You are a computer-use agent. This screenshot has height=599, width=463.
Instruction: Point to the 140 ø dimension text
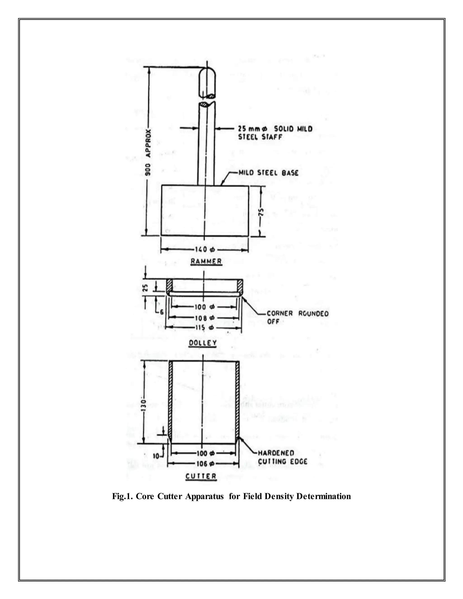point(205,250)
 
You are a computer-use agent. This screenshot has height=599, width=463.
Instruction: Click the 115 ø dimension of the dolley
point(203,328)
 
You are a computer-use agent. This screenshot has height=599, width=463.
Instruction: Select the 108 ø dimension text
point(203,318)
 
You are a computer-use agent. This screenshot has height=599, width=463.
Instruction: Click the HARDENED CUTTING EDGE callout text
point(282,457)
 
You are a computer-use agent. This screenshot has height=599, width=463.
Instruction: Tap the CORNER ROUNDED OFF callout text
point(297,317)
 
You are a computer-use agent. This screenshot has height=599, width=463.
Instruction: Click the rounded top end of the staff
point(207,73)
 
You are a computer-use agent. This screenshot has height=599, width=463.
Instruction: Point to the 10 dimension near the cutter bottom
point(156,456)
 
